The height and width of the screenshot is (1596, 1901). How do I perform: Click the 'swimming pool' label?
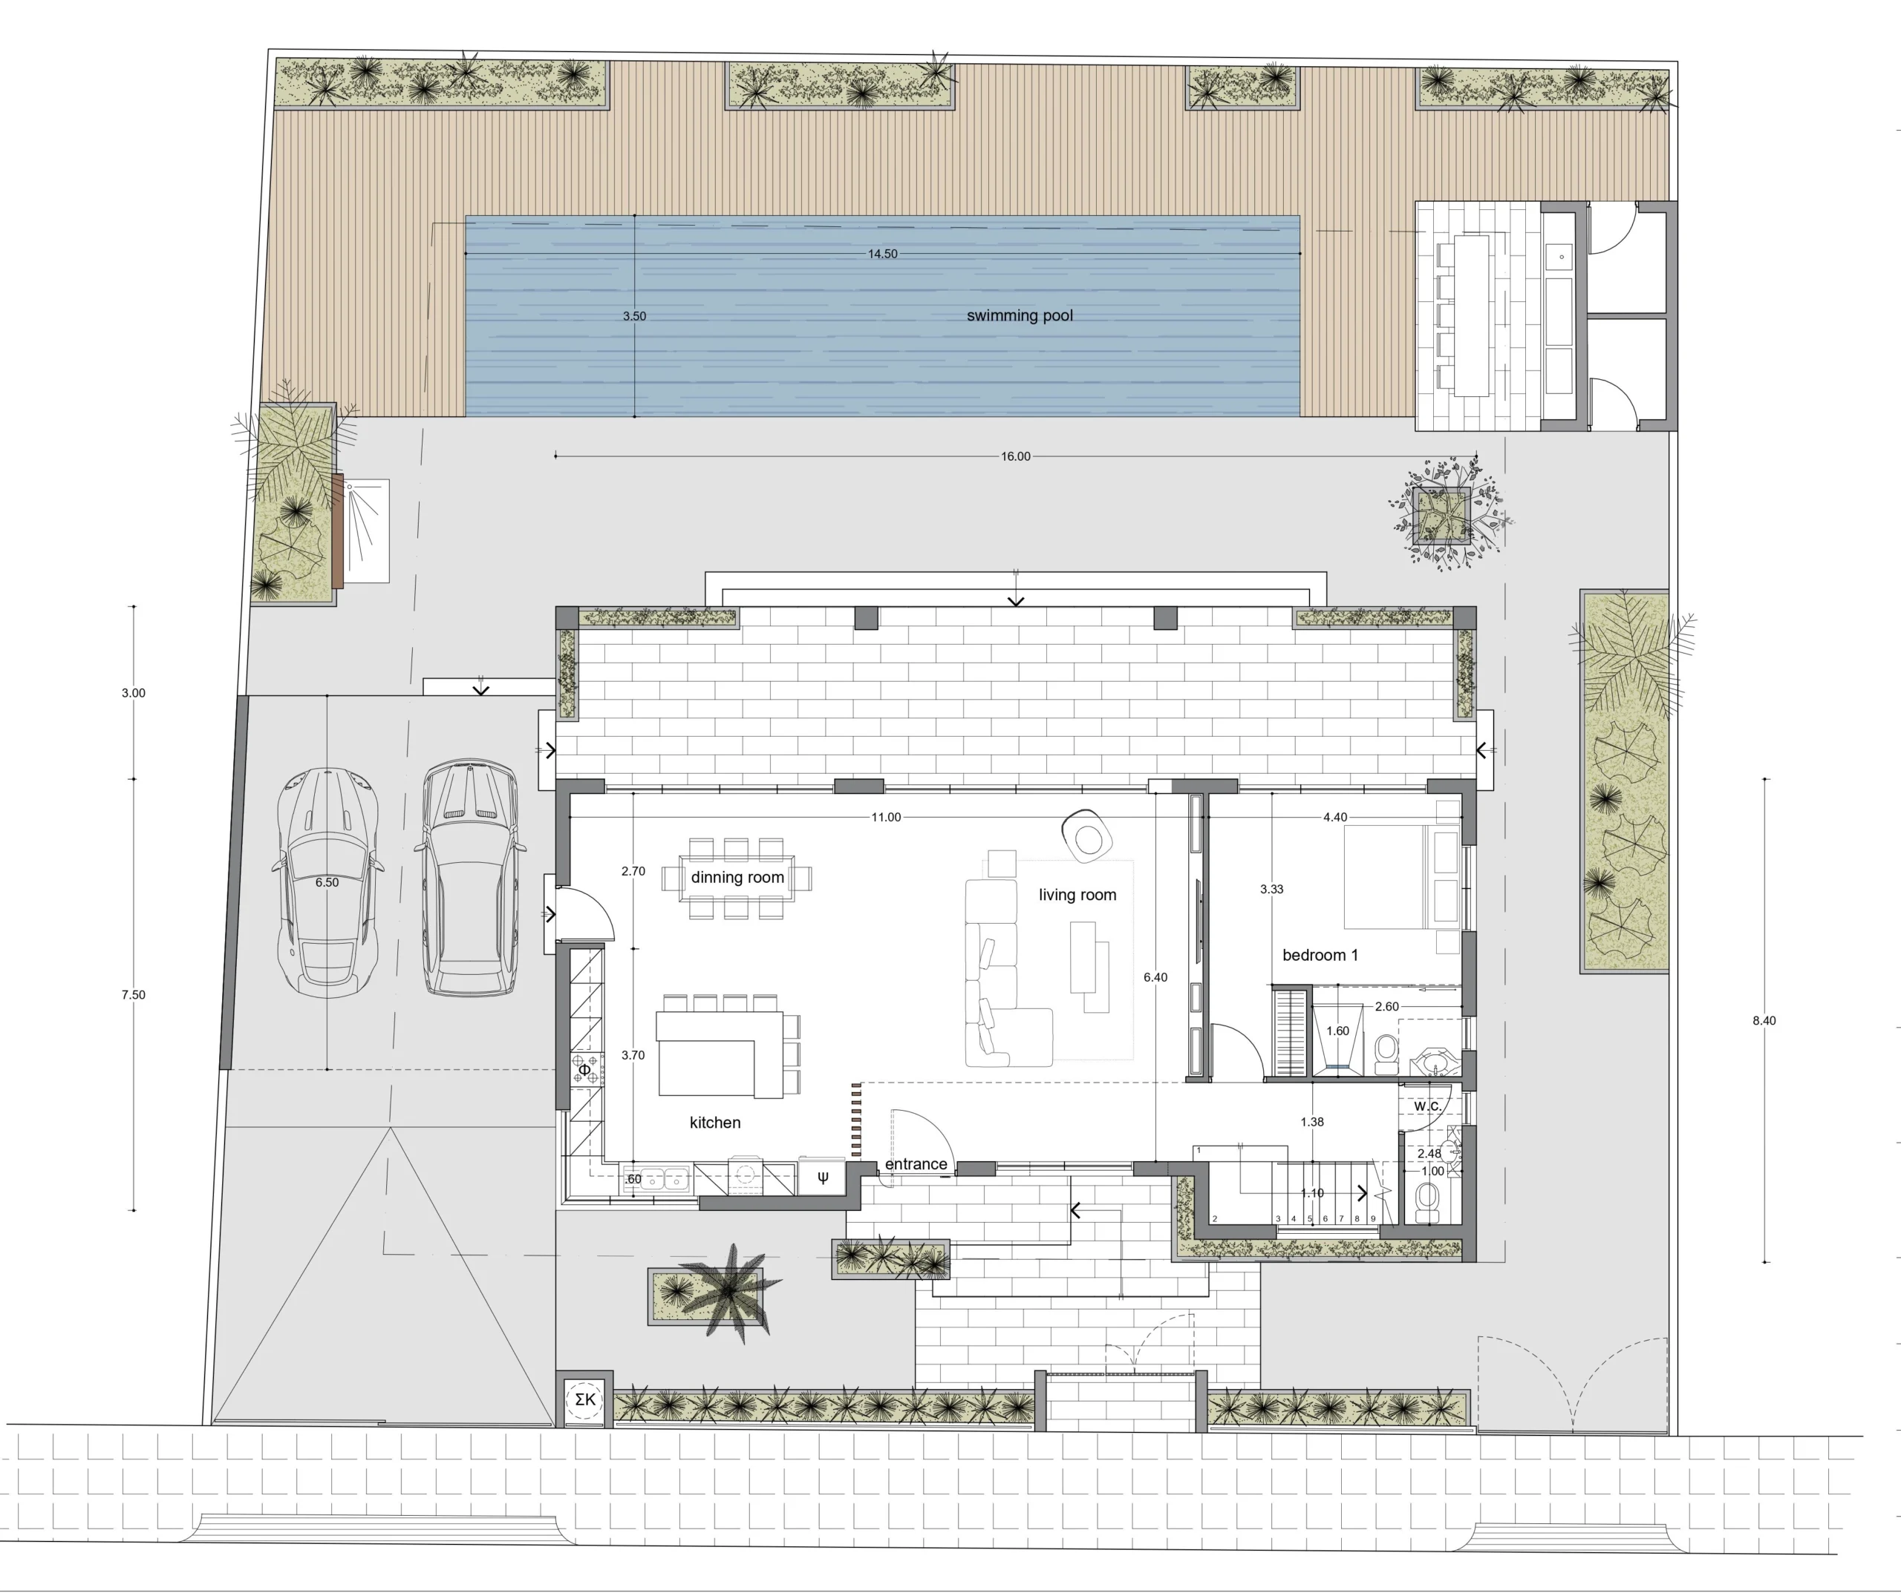(x=1020, y=316)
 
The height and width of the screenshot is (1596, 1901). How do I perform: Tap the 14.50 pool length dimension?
(x=883, y=254)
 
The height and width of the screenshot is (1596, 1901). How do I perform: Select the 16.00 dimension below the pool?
(x=1016, y=457)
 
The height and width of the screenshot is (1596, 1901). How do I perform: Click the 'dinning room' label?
(x=737, y=878)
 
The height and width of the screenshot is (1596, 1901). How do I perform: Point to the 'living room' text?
(x=1077, y=895)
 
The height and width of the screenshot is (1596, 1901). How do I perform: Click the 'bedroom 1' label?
(x=1320, y=954)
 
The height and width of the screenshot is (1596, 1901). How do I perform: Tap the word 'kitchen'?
(x=715, y=1122)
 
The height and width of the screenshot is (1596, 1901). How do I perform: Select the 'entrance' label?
(x=916, y=1163)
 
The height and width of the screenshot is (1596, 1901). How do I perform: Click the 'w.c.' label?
(x=1427, y=1106)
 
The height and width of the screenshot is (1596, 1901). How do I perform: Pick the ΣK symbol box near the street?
(x=585, y=1399)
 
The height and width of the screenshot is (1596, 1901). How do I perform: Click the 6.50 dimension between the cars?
(x=327, y=882)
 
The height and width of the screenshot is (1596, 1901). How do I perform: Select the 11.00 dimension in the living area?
(x=886, y=817)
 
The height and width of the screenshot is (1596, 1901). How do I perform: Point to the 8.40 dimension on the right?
(x=1764, y=1020)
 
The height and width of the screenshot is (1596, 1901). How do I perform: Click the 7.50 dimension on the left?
(x=133, y=994)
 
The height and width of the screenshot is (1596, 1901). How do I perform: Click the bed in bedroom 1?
(x=1401, y=876)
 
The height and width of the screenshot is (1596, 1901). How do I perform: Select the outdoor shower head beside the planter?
(x=350, y=487)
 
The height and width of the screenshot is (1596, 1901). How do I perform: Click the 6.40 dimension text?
(x=1155, y=977)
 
